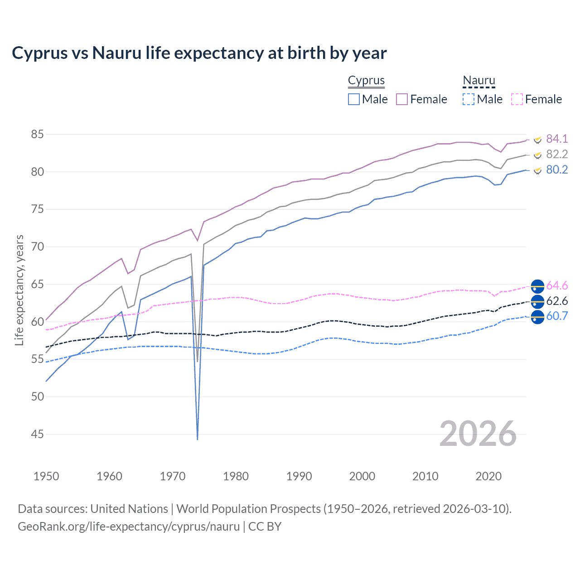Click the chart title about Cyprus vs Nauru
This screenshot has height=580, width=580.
click(x=199, y=53)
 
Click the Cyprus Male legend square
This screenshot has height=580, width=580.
click(x=354, y=99)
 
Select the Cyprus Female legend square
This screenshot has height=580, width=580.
click(x=402, y=99)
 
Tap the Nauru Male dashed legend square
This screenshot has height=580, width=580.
click(x=469, y=99)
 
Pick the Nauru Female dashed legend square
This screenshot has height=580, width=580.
click(x=517, y=99)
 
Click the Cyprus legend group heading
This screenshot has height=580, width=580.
click(x=366, y=81)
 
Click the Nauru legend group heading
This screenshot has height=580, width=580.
click(x=478, y=81)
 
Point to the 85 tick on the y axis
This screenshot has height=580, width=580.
click(x=37, y=135)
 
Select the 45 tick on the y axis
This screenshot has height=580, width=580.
click(x=37, y=435)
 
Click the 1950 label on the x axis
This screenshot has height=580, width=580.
click(x=46, y=476)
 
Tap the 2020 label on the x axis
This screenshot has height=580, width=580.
click(x=488, y=476)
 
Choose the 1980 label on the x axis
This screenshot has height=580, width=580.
click(x=236, y=476)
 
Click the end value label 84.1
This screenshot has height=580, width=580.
click(x=557, y=139)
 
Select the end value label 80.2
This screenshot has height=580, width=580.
click(x=557, y=170)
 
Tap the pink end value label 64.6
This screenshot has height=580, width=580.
click(x=557, y=286)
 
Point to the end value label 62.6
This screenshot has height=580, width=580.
click(x=557, y=301)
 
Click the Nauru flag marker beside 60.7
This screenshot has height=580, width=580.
click(x=537, y=317)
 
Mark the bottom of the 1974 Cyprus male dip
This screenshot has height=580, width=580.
click(x=198, y=439)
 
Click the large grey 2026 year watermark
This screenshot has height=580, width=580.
click(x=478, y=434)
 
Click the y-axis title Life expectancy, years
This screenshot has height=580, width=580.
click(x=19, y=290)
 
